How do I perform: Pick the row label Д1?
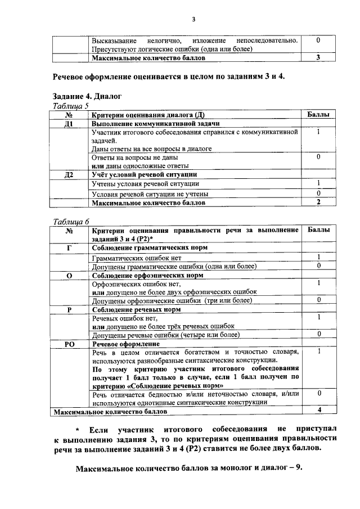point(70,124)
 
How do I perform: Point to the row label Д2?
point(70,175)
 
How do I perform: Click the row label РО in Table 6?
point(70,343)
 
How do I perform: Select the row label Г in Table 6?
point(70,247)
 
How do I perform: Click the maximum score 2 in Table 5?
point(318,202)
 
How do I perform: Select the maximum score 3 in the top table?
point(318,57)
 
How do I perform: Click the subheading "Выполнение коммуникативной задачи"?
point(155,124)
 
